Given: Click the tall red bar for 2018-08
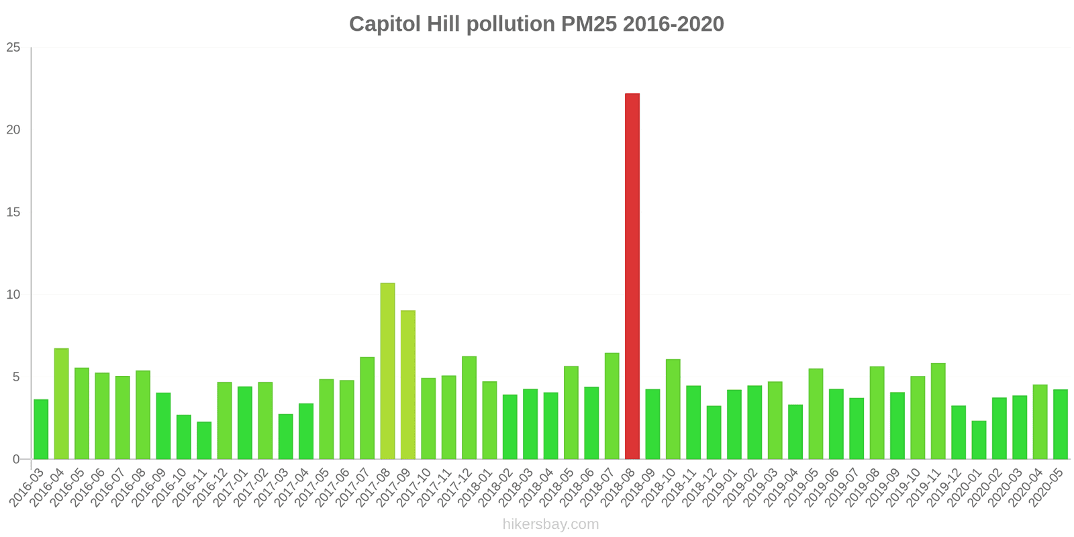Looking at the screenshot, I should click(632, 276).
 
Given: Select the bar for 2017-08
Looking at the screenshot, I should click(387, 371).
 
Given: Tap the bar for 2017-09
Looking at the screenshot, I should click(408, 385).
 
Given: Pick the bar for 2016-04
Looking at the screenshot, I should click(61, 403).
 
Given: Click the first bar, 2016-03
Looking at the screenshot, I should click(41, 429).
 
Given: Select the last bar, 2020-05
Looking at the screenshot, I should click(1061, 424).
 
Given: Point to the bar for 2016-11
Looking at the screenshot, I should click(204, 440).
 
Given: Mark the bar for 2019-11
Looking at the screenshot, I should click(938, 411).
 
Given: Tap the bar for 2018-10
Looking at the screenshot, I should click(673, 409).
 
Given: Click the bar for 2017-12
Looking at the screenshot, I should click(469, 407).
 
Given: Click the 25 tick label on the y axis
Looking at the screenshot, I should click(13, 48).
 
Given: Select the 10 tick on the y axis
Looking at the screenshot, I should click(13, 295).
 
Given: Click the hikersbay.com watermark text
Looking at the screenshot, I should click(550, 524).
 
